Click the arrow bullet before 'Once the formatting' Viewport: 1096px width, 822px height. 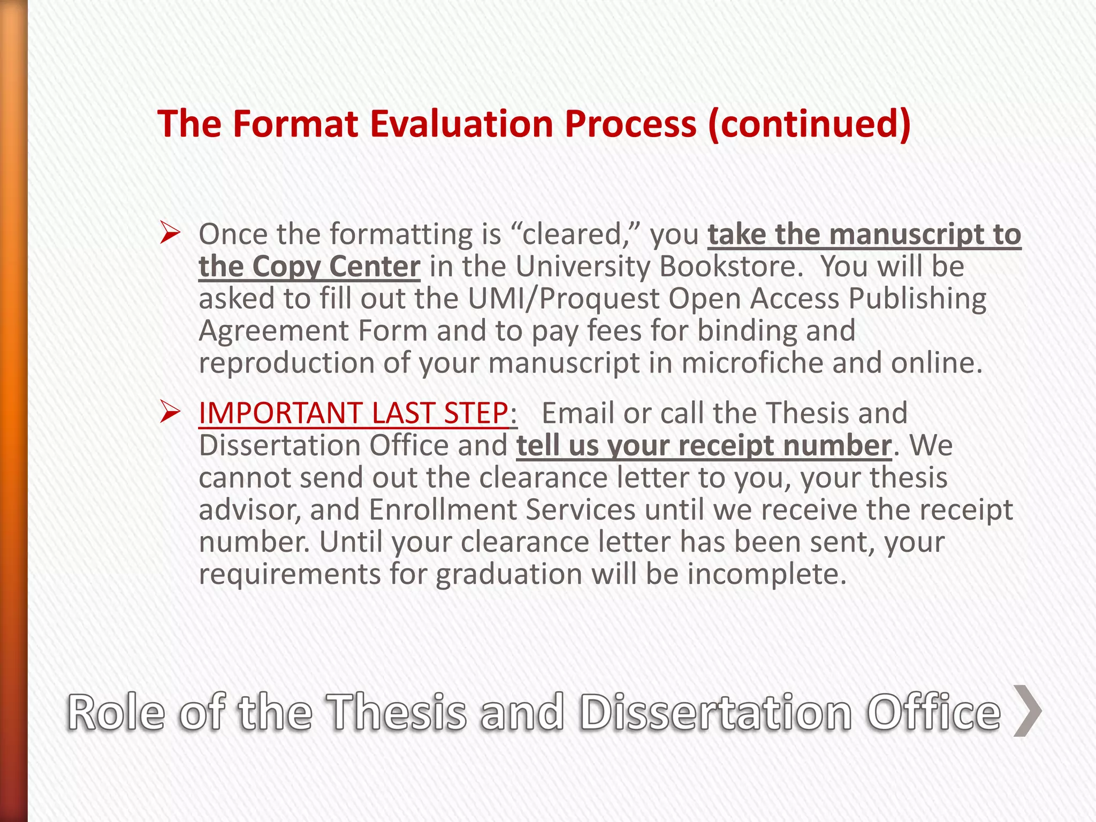(x=170, y=234)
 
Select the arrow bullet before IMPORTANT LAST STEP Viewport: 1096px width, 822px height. (x=170, y=413)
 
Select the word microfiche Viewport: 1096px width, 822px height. (x=751, y=363)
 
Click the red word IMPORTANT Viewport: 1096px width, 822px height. (x=280, y=413)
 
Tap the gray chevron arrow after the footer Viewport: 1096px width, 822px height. (x=1027, y=711)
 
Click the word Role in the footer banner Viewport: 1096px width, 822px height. (x=116, y=712)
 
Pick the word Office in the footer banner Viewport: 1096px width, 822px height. (x=933, y=712)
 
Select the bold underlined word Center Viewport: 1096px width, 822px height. (x=374, y=267)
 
